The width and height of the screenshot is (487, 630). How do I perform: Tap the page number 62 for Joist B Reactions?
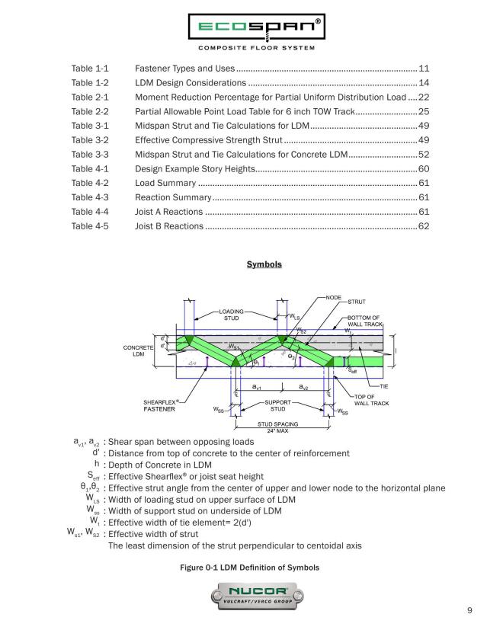coord(425,226)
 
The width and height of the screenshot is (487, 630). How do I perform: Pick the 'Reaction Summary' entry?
coord(173,197)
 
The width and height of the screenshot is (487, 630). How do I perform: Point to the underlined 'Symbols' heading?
coord(264,264)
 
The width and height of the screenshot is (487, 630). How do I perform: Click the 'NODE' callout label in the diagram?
coord(333,297)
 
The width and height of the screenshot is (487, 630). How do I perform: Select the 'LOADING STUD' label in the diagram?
coord(231,315)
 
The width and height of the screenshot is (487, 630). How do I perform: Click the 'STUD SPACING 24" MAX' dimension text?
coord(275,427)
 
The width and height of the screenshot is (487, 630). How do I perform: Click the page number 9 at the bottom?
coord(469,610)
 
